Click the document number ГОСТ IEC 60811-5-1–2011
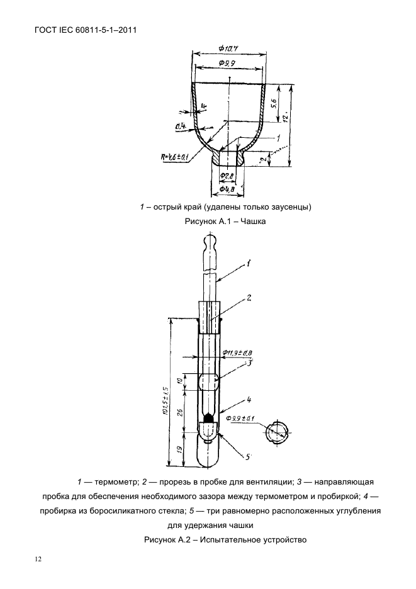[x=83, y=29]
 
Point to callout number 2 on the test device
[x=249, y=296]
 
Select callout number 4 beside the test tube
[x=249, y=399]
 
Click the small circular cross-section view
[x=278, y=434]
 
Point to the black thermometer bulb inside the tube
[x=210, y=418]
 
